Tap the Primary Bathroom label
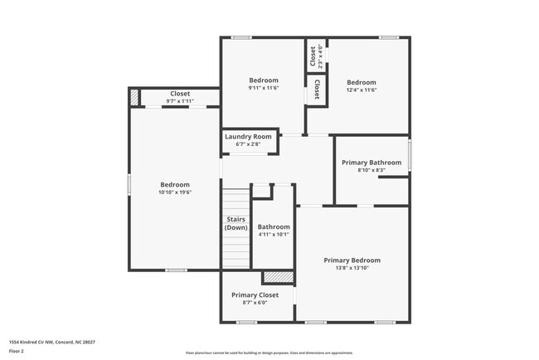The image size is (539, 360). tap(371, 163)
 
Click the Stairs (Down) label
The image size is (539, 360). tap(236, 223)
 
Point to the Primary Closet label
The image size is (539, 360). tap(255, 294)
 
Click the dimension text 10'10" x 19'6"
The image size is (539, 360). tap(175, 192)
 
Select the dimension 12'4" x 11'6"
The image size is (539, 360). tap(361, 90)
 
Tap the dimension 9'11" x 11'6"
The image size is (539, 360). tap(264, 88)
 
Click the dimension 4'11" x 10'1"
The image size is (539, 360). tap(273, 234)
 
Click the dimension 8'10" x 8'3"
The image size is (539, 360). tap(371, 170)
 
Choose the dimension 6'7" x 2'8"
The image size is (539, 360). tap(248, 144)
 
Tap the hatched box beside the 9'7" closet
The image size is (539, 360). tap(134, 97)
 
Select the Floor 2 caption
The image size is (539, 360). tap(17, 351)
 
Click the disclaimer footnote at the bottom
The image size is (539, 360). tap(269, 353)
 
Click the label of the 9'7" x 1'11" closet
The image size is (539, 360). tap(180, 94)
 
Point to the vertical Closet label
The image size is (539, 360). tap(313, 56)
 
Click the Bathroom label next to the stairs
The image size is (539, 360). tap(273, 226)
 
